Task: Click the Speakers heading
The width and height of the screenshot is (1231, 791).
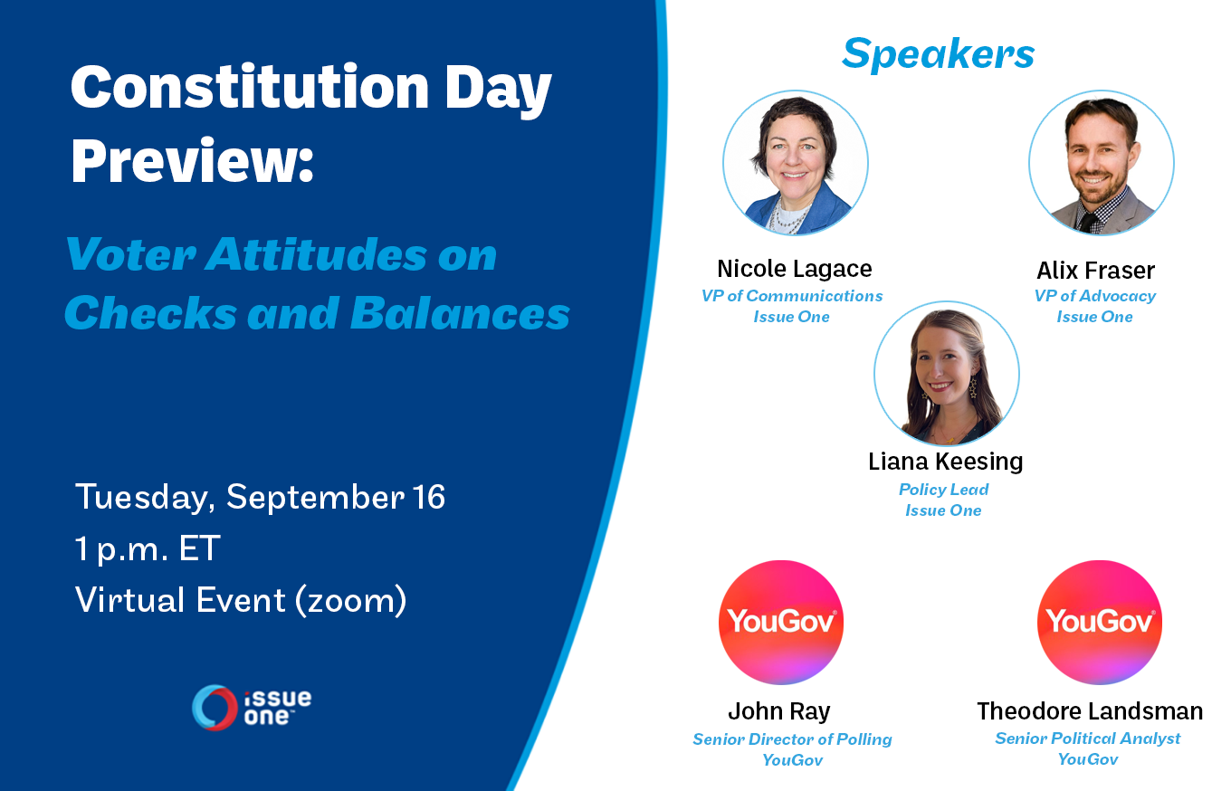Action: pos(938,54)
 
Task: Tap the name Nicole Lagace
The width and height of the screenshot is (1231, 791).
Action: pos(795,269)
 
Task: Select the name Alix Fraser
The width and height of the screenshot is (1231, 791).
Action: pos(1096,271)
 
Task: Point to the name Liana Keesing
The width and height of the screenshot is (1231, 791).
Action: pos(945,462)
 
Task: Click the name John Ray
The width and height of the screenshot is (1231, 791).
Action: pos(779,711)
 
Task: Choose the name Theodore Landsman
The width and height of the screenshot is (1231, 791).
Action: pos(1090,711)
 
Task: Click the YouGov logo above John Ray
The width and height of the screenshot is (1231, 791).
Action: pos(781,623)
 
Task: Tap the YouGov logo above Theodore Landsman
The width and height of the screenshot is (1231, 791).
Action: pos(1100,623)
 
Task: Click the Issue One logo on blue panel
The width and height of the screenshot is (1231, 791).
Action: pos(251,708)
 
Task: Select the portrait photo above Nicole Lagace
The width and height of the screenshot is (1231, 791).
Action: pos(796,163)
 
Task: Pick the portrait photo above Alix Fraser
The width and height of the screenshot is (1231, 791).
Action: pos(1102,163)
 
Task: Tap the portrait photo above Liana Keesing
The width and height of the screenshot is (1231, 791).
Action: pos(947,374)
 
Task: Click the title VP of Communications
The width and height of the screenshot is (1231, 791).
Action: pos(792,296)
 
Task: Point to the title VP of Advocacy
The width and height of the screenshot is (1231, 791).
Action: pos(1094,296)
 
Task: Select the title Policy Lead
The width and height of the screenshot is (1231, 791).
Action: pos(943,490)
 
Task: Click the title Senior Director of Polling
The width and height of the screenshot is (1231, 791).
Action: pos(793,739)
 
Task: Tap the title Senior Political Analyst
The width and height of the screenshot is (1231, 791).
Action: pos(1088,739)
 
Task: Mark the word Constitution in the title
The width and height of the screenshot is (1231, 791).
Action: pos(250,88)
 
